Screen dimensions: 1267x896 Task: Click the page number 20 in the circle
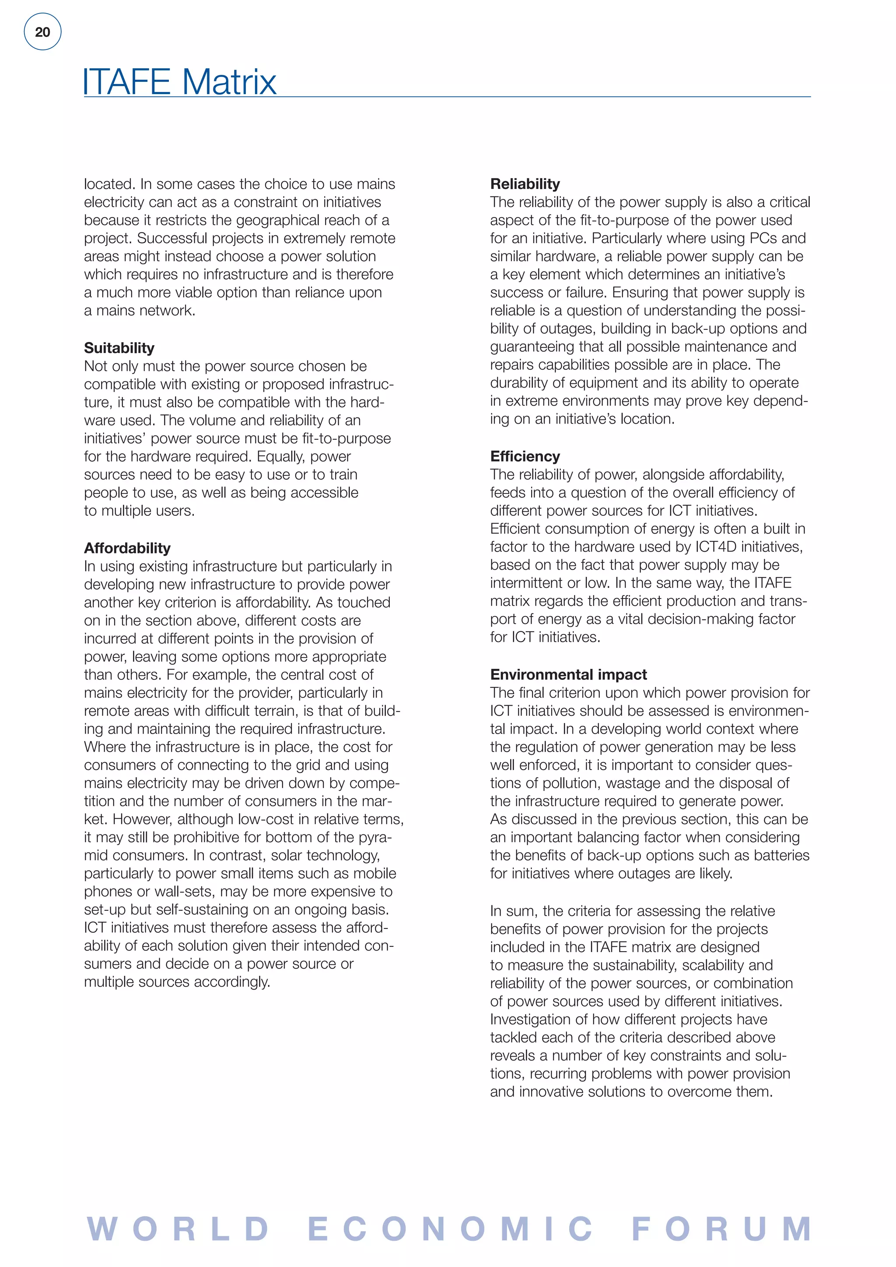42,32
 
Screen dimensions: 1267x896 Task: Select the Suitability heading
119,348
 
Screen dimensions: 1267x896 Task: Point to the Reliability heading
525,184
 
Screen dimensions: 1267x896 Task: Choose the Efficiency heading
525,456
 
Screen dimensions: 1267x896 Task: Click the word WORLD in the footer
178,1229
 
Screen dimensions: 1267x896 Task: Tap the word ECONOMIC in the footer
450,1229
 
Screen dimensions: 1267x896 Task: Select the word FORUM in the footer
721,1229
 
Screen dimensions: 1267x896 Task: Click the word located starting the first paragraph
108,184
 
